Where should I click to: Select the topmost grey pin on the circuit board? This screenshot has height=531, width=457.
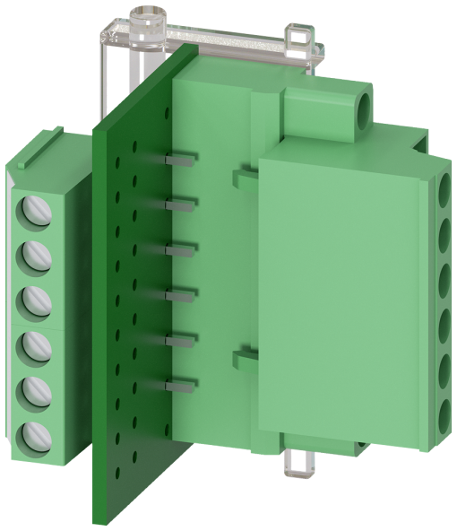180,159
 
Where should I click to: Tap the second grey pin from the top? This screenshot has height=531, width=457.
180,204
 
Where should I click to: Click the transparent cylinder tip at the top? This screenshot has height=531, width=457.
147,18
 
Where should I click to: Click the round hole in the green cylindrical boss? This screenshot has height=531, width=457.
363,109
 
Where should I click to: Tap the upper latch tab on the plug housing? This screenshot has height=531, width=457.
243,178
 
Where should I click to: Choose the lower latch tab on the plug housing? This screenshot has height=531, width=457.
243,360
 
